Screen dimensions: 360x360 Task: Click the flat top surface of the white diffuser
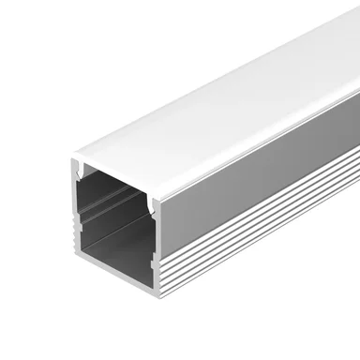click(x=216, y=103)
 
